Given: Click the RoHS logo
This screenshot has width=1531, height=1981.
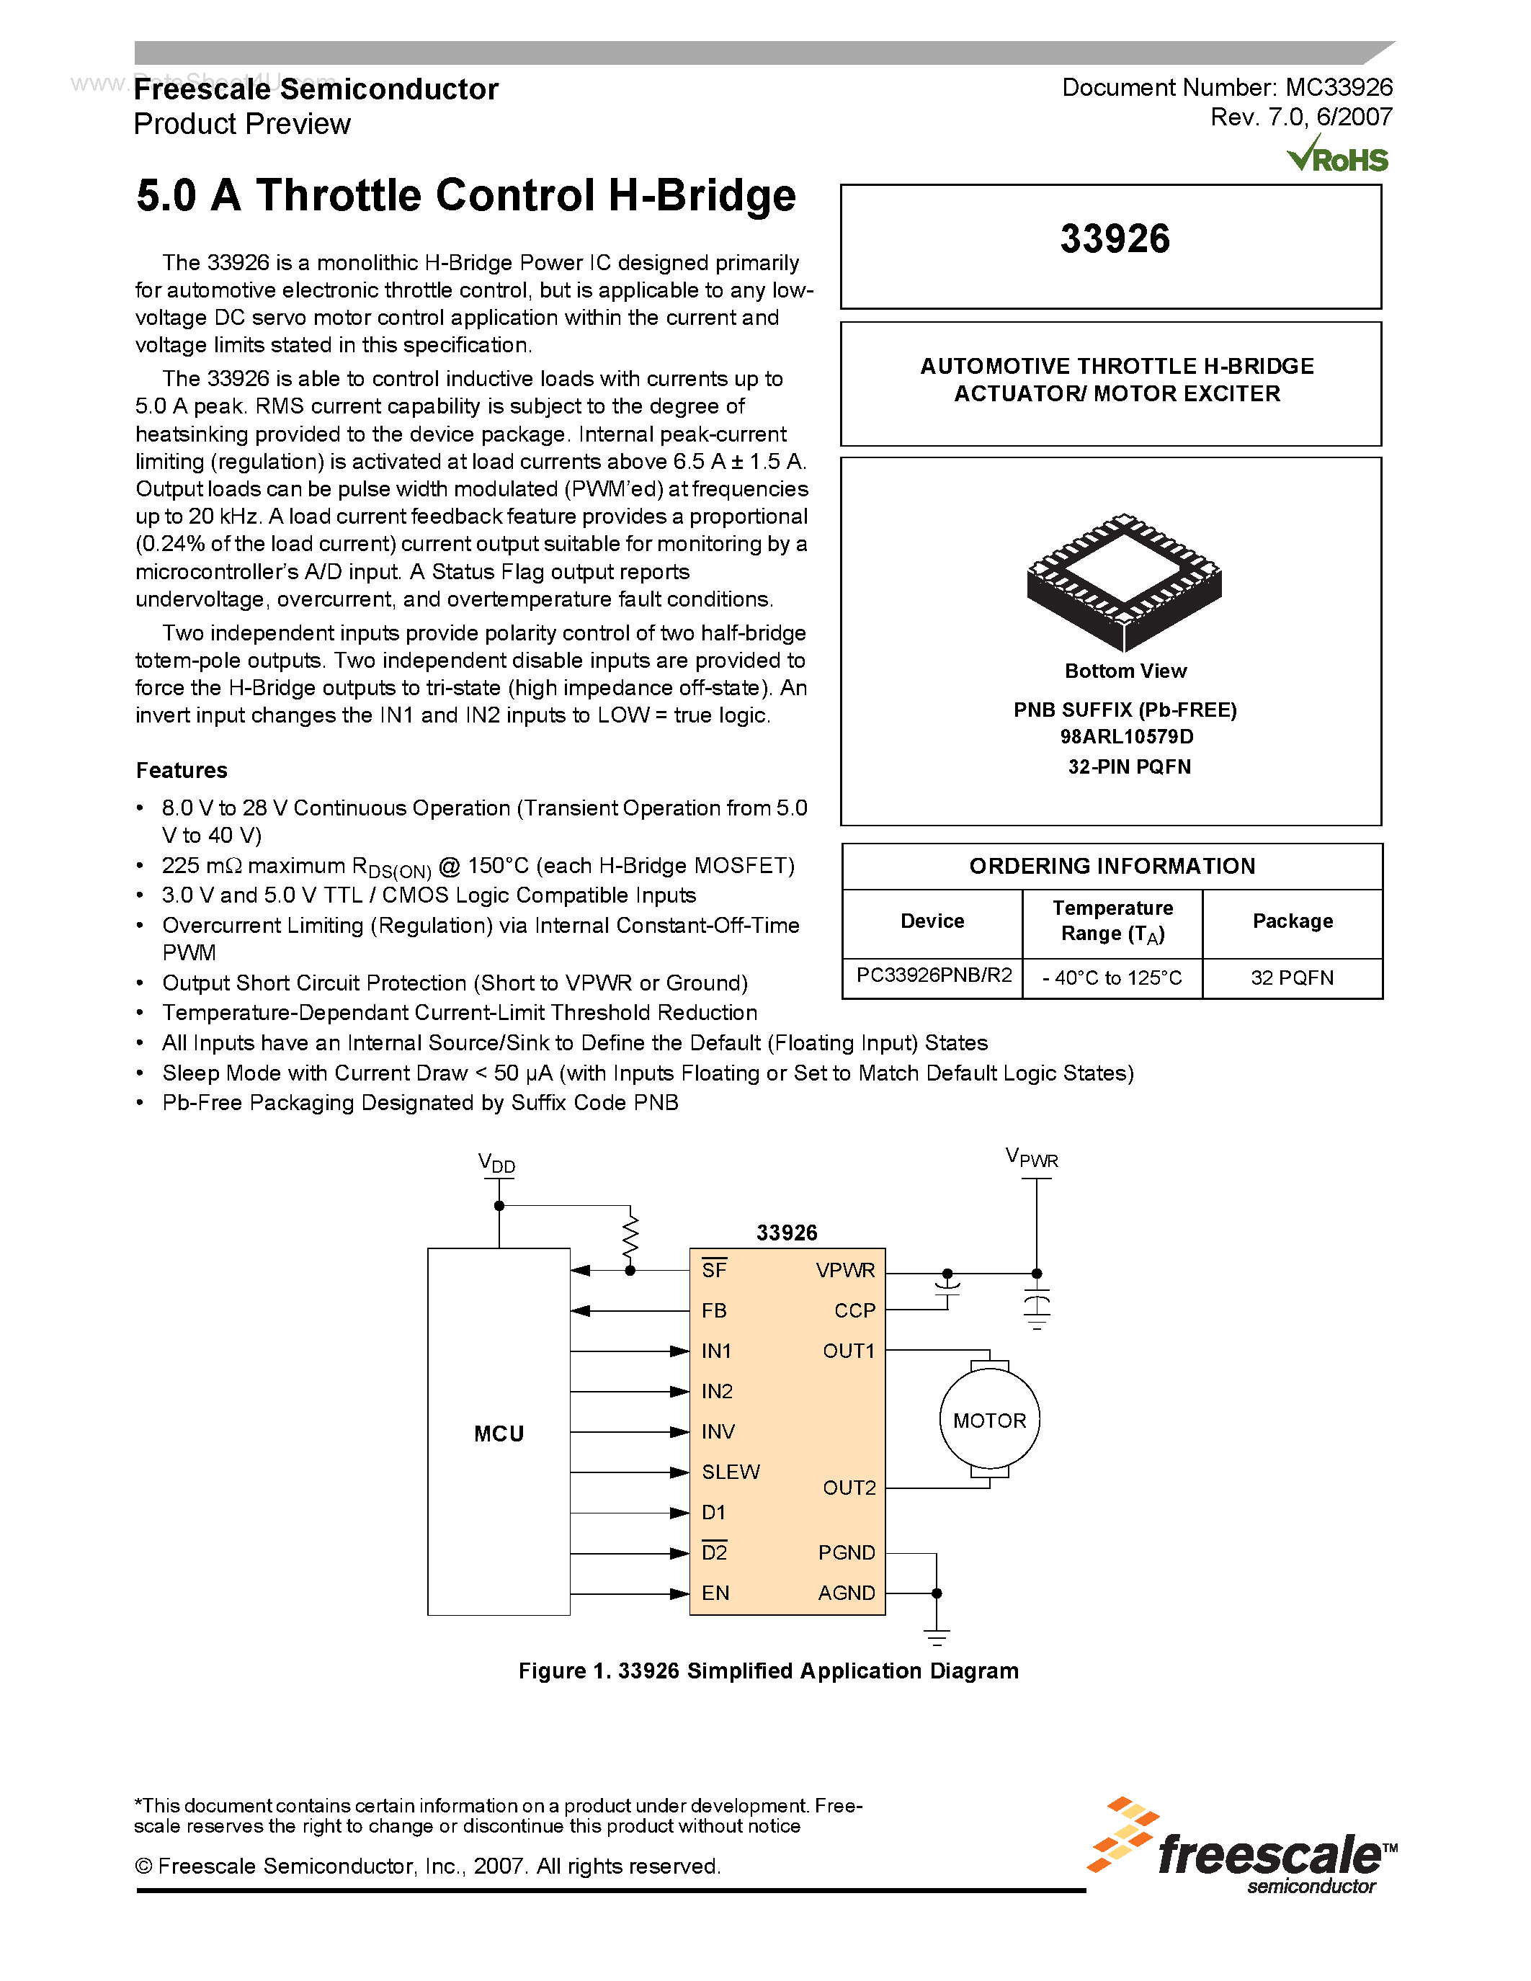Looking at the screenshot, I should pos(1338,156).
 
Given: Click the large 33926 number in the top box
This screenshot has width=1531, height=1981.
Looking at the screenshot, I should pos(1115,238).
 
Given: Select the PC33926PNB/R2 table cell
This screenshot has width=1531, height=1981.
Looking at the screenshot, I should pos(933,976).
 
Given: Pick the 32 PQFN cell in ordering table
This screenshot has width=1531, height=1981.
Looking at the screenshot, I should pos(1292,978).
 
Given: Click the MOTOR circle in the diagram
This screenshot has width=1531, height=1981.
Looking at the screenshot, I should pos(988,1421).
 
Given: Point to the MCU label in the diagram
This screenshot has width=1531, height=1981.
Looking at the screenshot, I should pos(499,1433).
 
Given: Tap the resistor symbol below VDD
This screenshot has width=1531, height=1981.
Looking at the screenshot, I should pos(630,1235).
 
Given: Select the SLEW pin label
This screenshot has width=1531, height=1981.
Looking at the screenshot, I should pos(730,1471).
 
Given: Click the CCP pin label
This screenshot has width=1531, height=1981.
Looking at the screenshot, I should pos(854,1310).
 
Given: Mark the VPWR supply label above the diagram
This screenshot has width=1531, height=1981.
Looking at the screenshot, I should pos(1031,1158).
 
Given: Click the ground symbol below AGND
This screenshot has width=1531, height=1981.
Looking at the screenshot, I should pos(936,1637).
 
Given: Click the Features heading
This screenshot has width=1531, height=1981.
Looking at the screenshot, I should pos(182,770).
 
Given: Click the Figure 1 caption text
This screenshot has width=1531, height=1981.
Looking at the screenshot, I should pos(768,1671).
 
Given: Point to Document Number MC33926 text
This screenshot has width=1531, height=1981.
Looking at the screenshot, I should pos(1227,88).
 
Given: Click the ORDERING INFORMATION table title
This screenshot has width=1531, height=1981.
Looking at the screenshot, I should pos(1112,866).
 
